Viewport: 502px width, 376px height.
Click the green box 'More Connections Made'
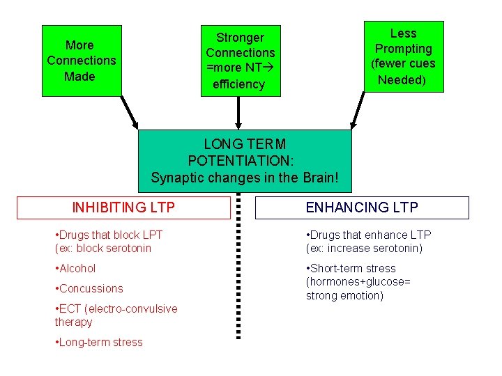point(82,61)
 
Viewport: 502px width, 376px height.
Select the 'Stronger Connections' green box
point(240,61)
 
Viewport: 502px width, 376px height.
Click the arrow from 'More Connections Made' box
point(130,112)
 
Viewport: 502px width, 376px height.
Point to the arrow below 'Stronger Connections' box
point(239,113)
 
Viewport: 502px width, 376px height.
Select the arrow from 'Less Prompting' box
point(358,110)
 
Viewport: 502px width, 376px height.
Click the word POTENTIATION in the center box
point(245,161)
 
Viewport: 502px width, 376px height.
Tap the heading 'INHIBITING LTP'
point(123,207)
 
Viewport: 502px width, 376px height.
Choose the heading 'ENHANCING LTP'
point(362,207)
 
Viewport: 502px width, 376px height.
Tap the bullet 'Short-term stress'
point(351,268)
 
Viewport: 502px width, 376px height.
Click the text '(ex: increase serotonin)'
point(364,249)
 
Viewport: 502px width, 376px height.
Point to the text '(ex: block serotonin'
point(102,249)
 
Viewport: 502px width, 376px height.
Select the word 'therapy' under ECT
point(73,322)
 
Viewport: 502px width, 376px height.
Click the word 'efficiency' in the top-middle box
point(238,84)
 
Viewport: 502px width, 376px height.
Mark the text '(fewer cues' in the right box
point(403,64)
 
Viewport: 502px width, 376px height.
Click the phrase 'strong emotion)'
point(344,295)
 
